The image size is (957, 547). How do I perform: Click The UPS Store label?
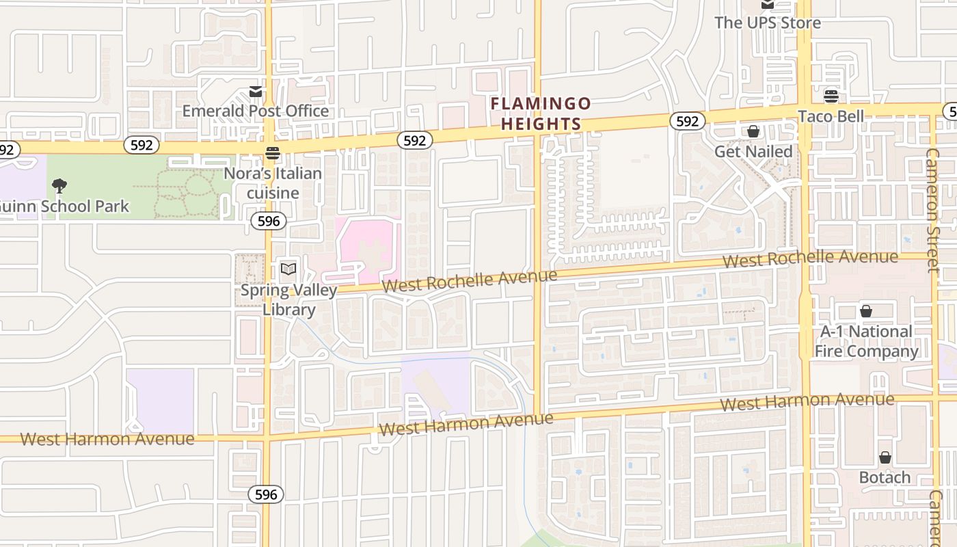pos(768,23)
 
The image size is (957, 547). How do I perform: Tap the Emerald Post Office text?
pos(255,111)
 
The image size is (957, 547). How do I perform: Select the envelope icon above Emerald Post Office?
pos(256,92)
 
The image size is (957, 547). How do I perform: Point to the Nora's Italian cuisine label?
pos(273,183)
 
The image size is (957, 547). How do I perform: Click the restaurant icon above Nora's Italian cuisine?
pos(273,152)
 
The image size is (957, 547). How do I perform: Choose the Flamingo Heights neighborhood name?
pos(541,114)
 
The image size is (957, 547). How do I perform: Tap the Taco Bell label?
pos(831,116)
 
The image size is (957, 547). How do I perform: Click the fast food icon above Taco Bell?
pos(831,96)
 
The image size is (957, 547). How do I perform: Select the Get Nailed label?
pos(753,151)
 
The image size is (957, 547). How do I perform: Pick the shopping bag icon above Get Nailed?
pos(753,131)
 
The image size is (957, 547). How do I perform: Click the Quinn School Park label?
pos(66,206)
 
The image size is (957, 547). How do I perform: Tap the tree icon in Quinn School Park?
pos(59,185)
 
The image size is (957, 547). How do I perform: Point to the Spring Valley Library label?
pos(288,299)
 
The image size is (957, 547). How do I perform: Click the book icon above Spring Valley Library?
pos(288,269)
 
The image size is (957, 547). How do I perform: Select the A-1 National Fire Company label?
pos(866,341)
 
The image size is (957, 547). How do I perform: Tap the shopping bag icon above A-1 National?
pos(866,311)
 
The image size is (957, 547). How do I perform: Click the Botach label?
pos(885,477)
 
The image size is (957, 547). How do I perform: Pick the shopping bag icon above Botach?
pos(885,457)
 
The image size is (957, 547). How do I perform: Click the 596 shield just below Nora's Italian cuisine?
pos(269,221)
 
